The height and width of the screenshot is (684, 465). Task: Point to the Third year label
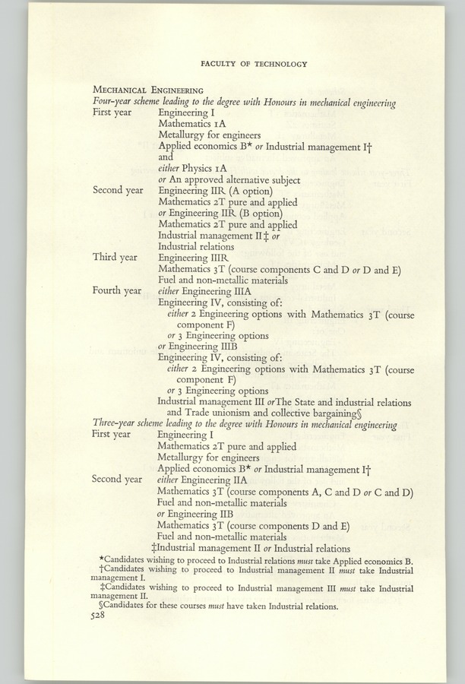(x=115, y=257)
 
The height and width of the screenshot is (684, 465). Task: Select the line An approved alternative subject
(x=234, y=180)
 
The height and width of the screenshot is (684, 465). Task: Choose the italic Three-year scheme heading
(x=245, y=424)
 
